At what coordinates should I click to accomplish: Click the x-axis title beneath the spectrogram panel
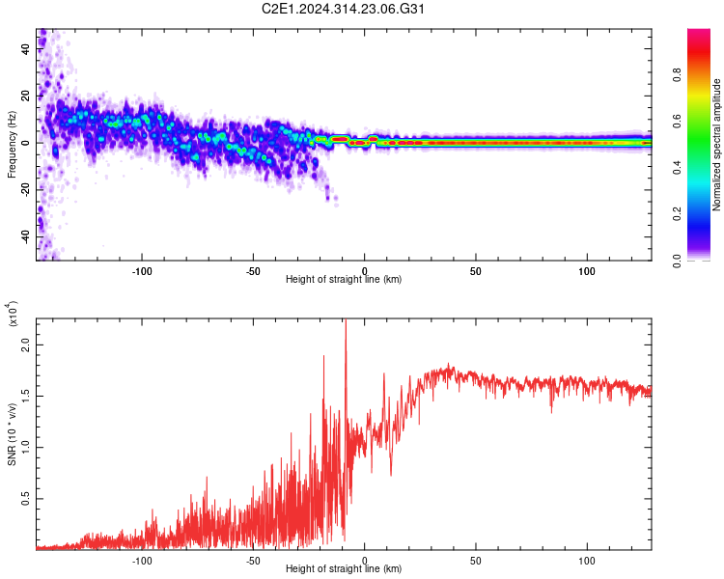click(x=344, y=279)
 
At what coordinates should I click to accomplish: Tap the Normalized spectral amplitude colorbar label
click(x=717, y=145)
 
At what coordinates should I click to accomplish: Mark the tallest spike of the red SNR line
click(x=346, y=321)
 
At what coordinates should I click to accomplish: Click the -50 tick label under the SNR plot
click(x=253, y=560)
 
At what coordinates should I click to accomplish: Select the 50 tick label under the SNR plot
click(x=476, y=560)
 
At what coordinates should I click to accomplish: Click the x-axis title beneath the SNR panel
click(x=344, y=569)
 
